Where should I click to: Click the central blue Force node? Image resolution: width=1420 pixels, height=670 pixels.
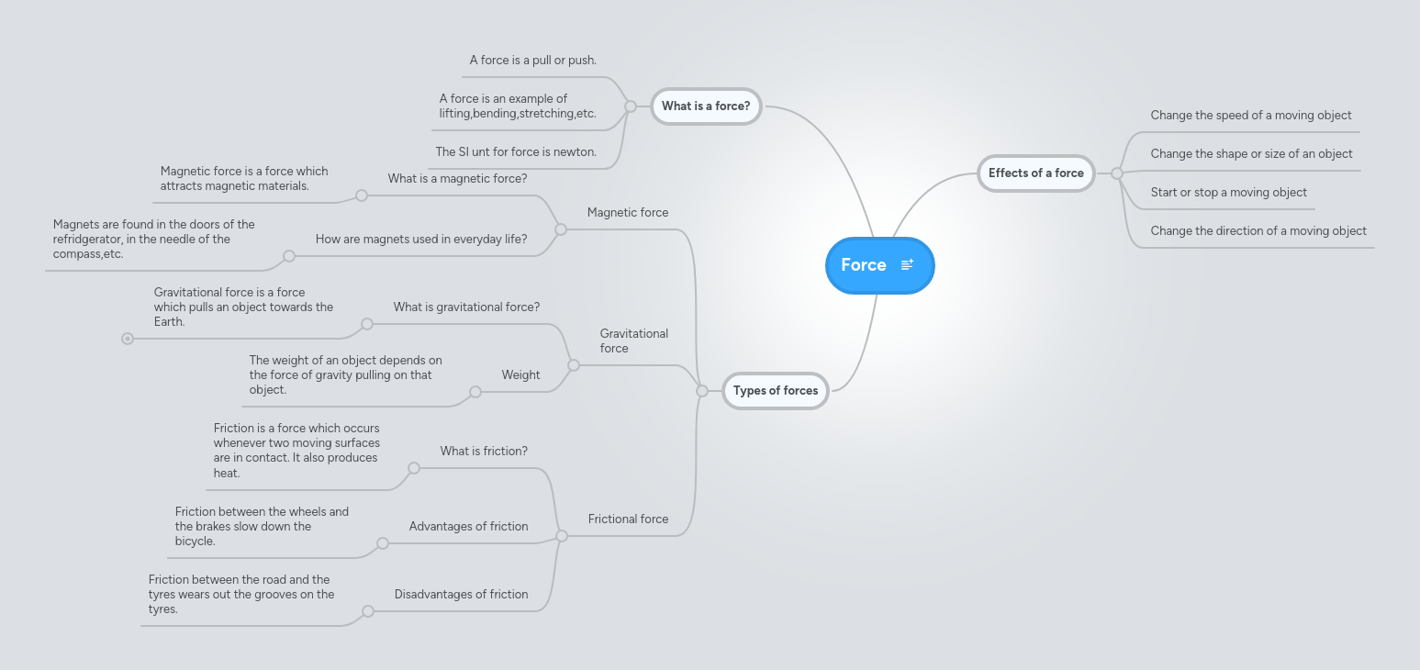[865, 265]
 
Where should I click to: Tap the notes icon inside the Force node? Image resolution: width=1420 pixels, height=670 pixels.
[907, 265]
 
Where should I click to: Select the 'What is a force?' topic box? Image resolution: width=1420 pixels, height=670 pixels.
[706, 106]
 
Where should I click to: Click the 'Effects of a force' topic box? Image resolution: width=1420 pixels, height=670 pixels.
[1035, 173]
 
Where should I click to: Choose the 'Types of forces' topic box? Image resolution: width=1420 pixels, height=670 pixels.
[776, 391]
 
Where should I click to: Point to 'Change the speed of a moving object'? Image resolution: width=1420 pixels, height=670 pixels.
[1250, 116]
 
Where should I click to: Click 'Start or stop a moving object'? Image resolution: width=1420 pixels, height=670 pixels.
[1228, 193]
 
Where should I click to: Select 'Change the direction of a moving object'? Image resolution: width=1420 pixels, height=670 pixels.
[1258, 231]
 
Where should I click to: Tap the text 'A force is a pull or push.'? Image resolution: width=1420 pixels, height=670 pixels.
[532, 61]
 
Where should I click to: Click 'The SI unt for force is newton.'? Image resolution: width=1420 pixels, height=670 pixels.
[516, 152]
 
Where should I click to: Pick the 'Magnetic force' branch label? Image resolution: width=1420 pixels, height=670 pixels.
[628, 213]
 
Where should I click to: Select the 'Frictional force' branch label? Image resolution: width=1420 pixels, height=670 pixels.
[628, 519]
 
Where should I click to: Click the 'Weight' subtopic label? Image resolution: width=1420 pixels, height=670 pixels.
[520, 375]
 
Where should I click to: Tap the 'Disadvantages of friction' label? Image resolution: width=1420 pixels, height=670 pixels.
[461, 595]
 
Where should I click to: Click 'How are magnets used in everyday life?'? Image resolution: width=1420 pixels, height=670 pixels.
[421, 240]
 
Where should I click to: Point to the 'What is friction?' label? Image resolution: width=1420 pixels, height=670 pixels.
[484, 452]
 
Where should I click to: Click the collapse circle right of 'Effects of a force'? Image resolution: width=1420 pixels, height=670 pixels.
[1117, 173]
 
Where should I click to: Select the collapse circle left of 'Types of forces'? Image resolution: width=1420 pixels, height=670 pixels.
[702, 391]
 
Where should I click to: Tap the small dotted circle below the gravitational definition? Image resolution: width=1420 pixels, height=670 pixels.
[128, 339]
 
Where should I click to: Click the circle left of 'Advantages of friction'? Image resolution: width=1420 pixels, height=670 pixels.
[383, 543]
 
